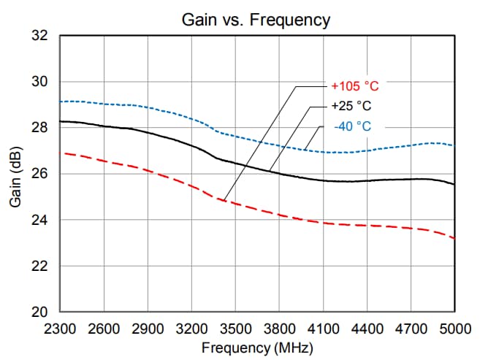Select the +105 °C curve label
pyautogui.click(x=354, y=86)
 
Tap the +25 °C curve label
pyautogui.click(x=351, y=106)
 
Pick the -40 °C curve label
pyautogui.click(x=352, y=126)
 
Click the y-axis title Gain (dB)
pyautogui.click(x=15, y=174)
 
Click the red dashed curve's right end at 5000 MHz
pyautogui.click(x=454, y=238)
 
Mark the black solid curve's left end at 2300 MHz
pyautogui.click(x=60, y=121)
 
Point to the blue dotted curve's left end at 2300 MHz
pyautogui.click(x=60, y=102)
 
